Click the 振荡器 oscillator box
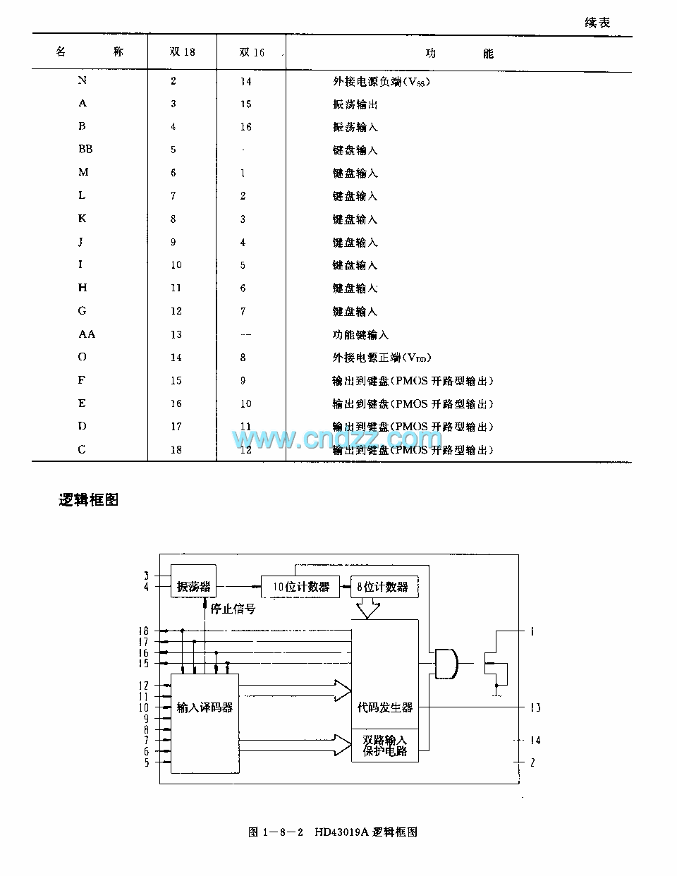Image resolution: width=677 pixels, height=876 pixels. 193,586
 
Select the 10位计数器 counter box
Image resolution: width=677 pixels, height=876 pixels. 300,587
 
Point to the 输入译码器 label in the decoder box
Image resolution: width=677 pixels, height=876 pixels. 205,707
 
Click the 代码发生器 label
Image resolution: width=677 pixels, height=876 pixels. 384,707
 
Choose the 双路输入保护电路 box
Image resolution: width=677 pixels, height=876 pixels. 384,746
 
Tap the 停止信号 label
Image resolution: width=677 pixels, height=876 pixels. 233,609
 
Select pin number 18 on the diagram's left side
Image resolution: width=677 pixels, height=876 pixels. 144,631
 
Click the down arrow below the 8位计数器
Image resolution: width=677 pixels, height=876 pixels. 367,609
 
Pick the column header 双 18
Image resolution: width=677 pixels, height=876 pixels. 182,52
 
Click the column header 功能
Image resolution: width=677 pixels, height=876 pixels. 458,54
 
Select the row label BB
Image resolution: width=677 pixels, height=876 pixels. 85,150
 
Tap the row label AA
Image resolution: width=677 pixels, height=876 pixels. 86,334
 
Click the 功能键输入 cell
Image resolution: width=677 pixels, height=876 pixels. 360,335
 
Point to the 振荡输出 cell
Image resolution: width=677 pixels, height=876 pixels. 355,104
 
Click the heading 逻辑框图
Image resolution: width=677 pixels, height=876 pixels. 88,500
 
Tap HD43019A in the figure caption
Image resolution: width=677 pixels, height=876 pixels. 341,832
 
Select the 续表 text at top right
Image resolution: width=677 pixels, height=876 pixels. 597,23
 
